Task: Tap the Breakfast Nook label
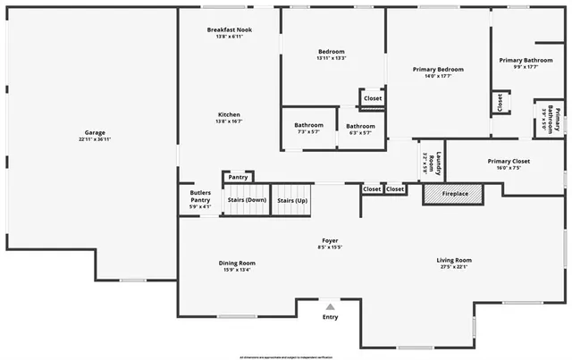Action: tap(230, 33)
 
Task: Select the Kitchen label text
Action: tap(230, 118)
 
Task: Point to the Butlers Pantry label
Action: tap(200, 199)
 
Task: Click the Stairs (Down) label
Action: tap(247, 200)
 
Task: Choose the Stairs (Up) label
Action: tap(292, 200)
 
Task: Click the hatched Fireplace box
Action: tap(452, 193)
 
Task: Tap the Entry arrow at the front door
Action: tap(330, 307)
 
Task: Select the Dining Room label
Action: tap(237, 265)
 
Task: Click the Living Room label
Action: tap(455, 263)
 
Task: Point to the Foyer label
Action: tap(330, 244)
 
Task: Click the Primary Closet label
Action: tap(509, 163)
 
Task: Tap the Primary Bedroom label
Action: tap(438, 72)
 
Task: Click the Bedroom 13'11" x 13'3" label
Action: tap(331, 54)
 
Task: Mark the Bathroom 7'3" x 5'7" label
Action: tap(308, 129)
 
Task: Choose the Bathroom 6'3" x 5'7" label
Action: tap(360, 129)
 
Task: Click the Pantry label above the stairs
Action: tap(238, 177)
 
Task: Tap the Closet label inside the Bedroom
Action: tap(373, 98)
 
